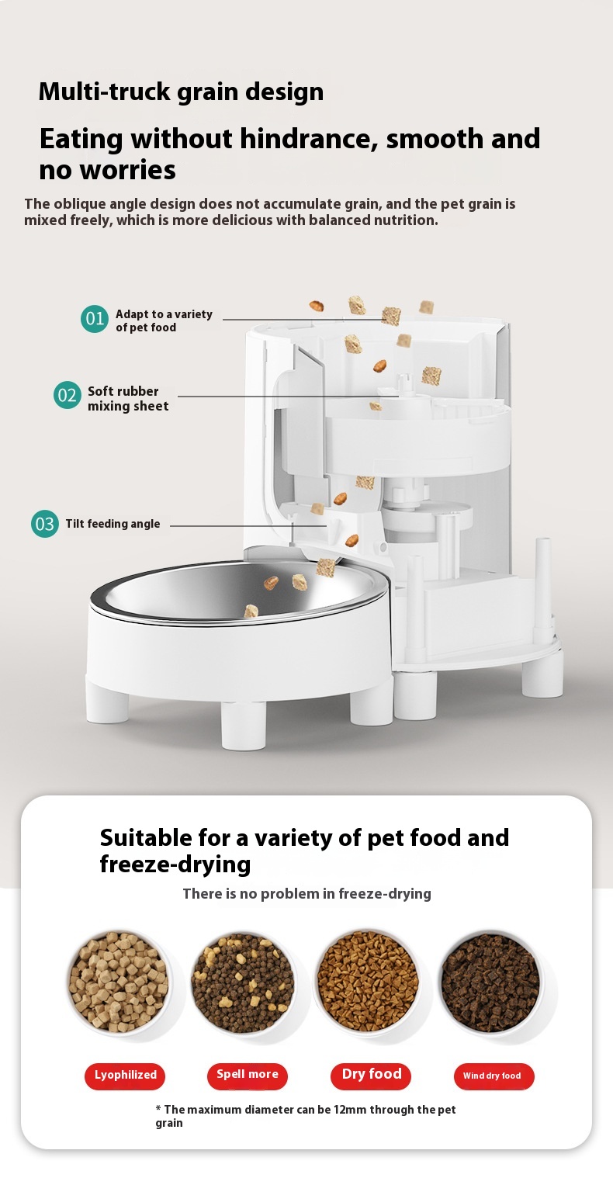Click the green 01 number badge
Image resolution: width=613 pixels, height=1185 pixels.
(95, 319)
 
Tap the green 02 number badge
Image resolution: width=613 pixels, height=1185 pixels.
(68, 395)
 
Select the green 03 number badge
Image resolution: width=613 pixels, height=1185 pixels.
(45, 524)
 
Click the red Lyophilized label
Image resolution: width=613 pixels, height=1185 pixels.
(125, 1076)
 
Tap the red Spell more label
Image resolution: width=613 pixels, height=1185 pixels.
(248, 1076)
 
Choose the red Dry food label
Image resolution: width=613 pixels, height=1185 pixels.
(371, 1076)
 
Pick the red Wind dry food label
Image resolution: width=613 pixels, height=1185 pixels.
(494, 1076)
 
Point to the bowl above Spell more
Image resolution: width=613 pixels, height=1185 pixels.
(244, 983)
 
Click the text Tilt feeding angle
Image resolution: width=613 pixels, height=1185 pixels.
(113, 524)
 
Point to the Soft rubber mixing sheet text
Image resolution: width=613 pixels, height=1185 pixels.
(128, 398)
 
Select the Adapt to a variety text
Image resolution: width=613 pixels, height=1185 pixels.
(164, 314)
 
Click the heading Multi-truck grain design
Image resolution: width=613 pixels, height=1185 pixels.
(181, 92)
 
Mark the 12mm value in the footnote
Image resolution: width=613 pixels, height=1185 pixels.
(350, 1110)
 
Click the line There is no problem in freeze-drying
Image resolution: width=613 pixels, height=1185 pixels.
(306, 893)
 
